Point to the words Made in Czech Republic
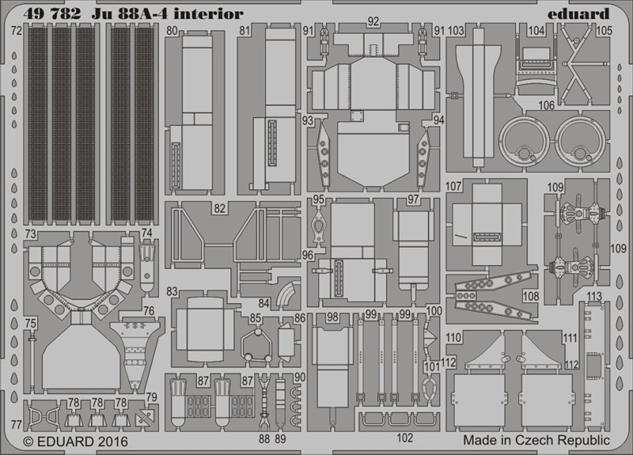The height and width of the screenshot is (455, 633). tap(536, 440)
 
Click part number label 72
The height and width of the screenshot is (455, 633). tap(17, 31)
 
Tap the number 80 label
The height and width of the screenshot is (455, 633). tap(172, 31)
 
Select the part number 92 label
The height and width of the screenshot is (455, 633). tap(373, 22)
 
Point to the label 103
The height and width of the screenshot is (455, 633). tap(456, 31)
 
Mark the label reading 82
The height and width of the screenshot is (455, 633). tap(220, 208)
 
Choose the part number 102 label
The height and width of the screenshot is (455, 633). tap(405, 438)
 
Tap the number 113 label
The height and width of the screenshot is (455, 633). tap(595, 296)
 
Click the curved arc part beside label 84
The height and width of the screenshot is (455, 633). tap(287, 295)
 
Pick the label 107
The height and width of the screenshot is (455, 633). tap(455, 186)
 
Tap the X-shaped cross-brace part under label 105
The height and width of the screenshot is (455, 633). tap(582, 61)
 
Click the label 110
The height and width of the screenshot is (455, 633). tap(454, 338)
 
